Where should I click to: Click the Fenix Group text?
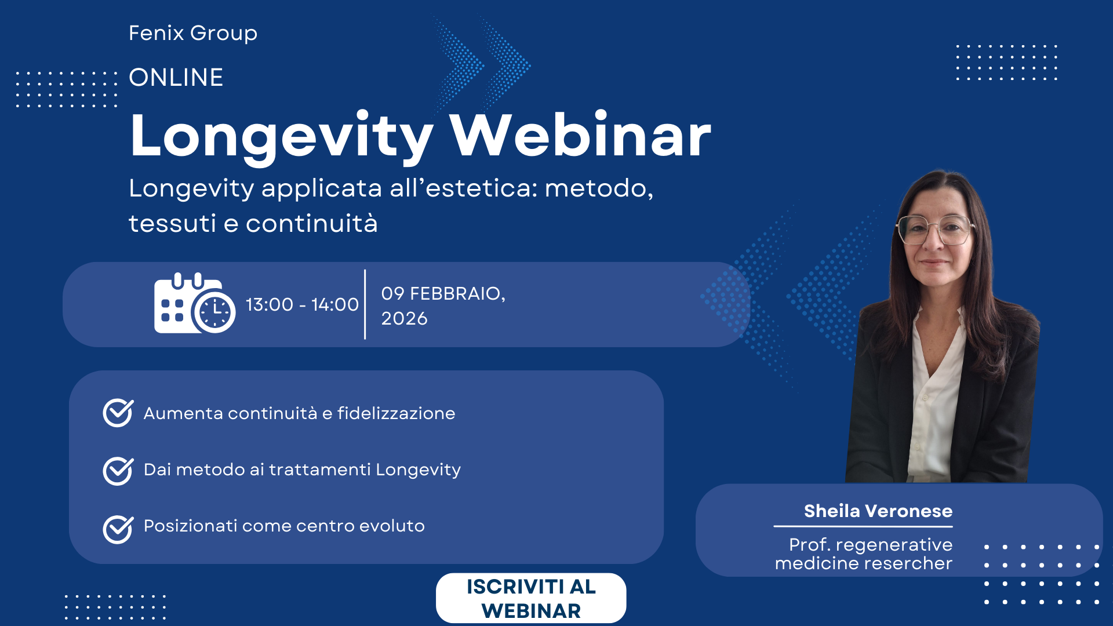(192, 34)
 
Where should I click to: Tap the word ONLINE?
(176, 78)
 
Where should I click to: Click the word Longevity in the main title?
(281, 136)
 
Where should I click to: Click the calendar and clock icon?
(194, 303)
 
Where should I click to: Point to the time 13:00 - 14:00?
(302, 304)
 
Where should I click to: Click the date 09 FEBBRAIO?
(442, 293)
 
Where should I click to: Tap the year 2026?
(404, 319)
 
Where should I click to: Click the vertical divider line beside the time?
(365, 304)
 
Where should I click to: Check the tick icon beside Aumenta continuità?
(118, 413)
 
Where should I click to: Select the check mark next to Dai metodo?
(118, 470)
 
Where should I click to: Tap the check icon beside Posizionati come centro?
(118, 529)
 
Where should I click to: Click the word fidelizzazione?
(397, 413)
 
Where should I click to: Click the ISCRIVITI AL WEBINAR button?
(530, 598)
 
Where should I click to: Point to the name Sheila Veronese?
(878, 511)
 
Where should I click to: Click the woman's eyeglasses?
(934, 230)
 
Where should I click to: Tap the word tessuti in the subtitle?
(172, 224)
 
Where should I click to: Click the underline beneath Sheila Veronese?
(863, 526)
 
